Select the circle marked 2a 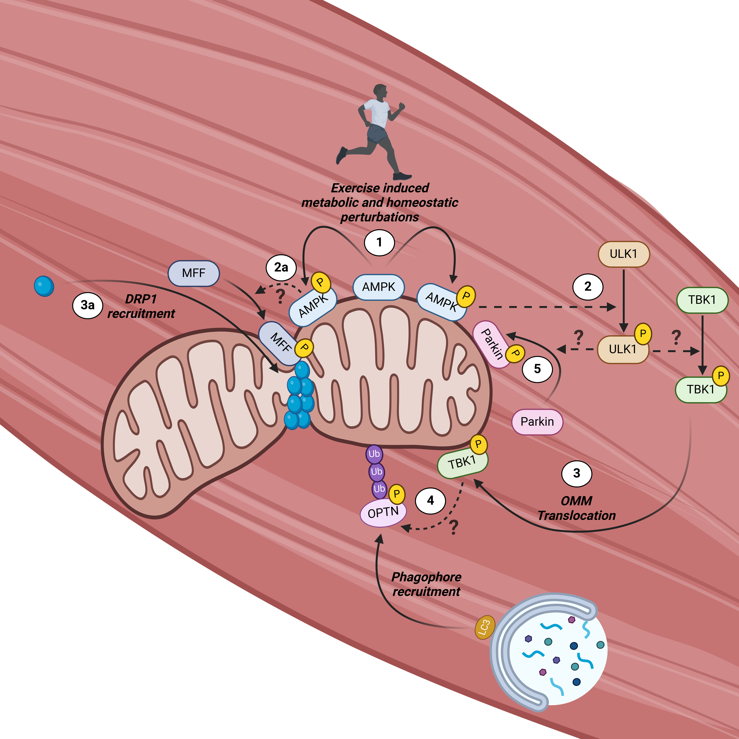point(281,267)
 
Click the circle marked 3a point(88,305)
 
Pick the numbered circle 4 point(430,500)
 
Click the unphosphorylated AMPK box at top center point(378,287)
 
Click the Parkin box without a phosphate point(537,422)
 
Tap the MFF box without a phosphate point(194,273)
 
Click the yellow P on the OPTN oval point(397,494)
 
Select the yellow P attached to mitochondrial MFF point(304,348)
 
